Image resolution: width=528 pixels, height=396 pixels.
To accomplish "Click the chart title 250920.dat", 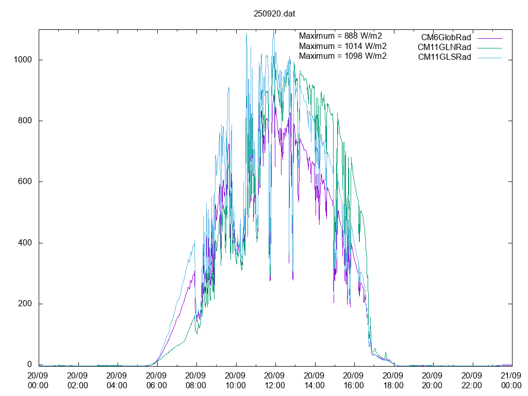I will (274, 14).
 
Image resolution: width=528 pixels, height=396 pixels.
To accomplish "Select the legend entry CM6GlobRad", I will (446, 37).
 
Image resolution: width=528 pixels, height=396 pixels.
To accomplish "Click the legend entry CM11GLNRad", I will (444, 47).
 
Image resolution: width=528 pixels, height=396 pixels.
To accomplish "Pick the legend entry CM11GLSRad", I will (444, 57).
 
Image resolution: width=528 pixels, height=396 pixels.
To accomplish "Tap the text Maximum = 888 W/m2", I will (340, 36).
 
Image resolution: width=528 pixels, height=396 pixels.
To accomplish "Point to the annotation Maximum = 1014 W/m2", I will (342, 46).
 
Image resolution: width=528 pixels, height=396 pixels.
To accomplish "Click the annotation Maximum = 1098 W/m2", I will (342, 56).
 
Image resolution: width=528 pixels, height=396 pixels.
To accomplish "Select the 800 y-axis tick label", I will (26, 121).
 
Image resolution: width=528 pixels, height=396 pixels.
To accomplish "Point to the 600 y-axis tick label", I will (26, 181).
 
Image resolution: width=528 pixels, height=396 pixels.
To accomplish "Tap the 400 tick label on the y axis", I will (26, 243).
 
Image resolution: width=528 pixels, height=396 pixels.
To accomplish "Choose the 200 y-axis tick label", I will (26, 304).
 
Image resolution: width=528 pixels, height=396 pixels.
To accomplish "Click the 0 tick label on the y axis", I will (30, 365).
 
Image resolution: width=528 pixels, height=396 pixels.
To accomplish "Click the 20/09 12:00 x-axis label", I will (275, 381).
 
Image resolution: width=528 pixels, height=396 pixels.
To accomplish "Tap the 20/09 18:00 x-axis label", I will (393, 381).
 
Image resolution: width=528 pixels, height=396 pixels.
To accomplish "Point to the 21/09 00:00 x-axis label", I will (511, 381).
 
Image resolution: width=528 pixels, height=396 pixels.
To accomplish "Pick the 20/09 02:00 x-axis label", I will (78, 381).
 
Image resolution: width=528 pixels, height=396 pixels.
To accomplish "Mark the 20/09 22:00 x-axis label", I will (472, 381).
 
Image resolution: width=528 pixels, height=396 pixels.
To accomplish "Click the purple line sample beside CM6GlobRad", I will (489, 38).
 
